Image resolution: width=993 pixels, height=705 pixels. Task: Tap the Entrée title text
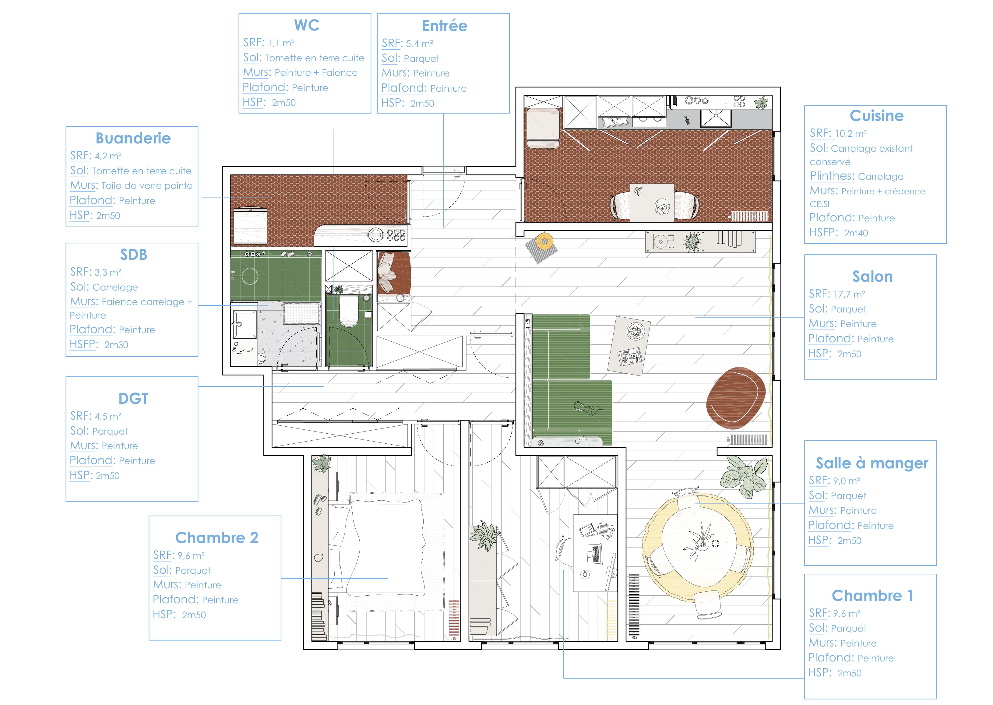(x=444, y=26)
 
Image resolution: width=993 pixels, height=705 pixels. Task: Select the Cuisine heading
(x=876, y=115)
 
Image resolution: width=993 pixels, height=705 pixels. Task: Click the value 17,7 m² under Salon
(x=849, y=294)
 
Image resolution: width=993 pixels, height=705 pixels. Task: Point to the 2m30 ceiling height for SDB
(x=116, y=345)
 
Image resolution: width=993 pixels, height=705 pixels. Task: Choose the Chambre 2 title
(x=217, y=538)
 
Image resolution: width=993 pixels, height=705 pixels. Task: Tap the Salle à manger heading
(x=872, y=463)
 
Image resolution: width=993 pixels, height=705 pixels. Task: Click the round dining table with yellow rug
(x=699, y=548)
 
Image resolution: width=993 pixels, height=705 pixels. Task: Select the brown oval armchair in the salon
(x=736, y=398)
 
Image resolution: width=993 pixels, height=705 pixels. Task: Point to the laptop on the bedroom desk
(x=595, y=554)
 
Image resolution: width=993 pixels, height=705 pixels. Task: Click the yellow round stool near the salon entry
(x=544, y=241)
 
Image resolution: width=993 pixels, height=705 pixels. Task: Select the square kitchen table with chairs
(x=652, y=203)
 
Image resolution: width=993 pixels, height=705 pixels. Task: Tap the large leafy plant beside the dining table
(x=743, y=477)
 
